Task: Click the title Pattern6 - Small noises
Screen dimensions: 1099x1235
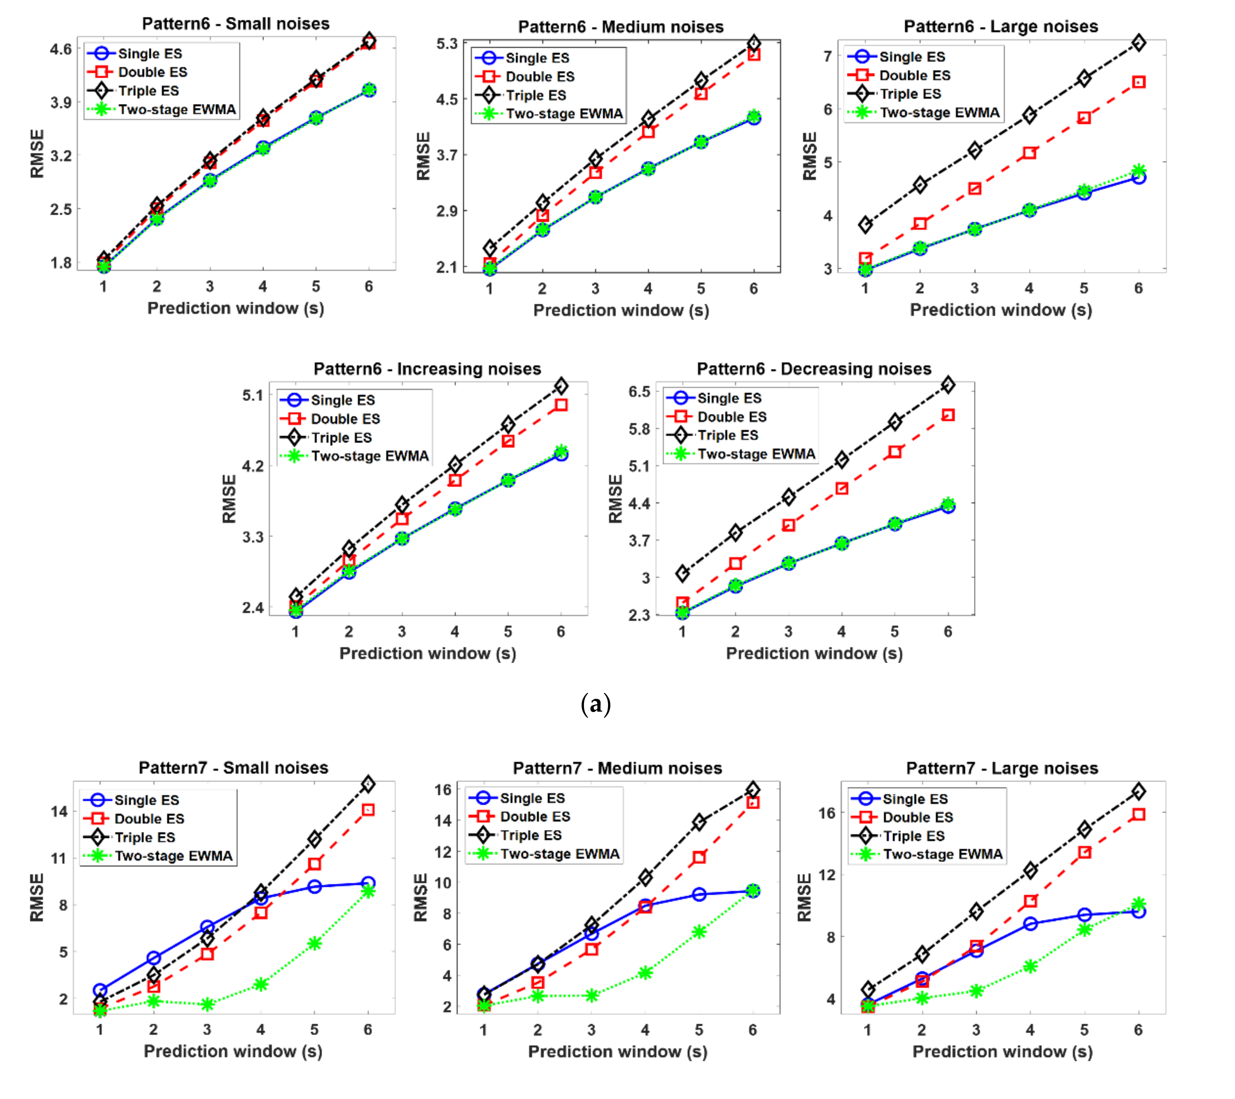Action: (236, 24)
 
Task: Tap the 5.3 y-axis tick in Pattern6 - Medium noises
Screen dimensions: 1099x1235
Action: (447, 43)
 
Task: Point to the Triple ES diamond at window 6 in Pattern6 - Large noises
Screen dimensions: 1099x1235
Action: (1138, 43)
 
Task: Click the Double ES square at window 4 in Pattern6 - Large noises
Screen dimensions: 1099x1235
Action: (1029, 153)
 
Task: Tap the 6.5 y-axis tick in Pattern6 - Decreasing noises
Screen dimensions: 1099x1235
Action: (639, 392)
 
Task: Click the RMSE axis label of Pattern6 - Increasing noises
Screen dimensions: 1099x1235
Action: (229, 499)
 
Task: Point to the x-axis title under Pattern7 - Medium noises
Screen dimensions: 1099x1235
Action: (618, 1052)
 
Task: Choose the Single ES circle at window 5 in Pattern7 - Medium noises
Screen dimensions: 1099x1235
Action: (699, 894)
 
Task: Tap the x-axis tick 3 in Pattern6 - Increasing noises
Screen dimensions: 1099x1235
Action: (402, 631)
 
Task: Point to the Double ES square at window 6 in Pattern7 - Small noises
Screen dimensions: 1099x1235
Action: (368, 810)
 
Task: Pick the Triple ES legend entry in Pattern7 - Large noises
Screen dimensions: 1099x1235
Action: (914, 836)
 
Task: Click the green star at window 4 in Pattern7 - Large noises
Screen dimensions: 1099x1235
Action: (1030, 966)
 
